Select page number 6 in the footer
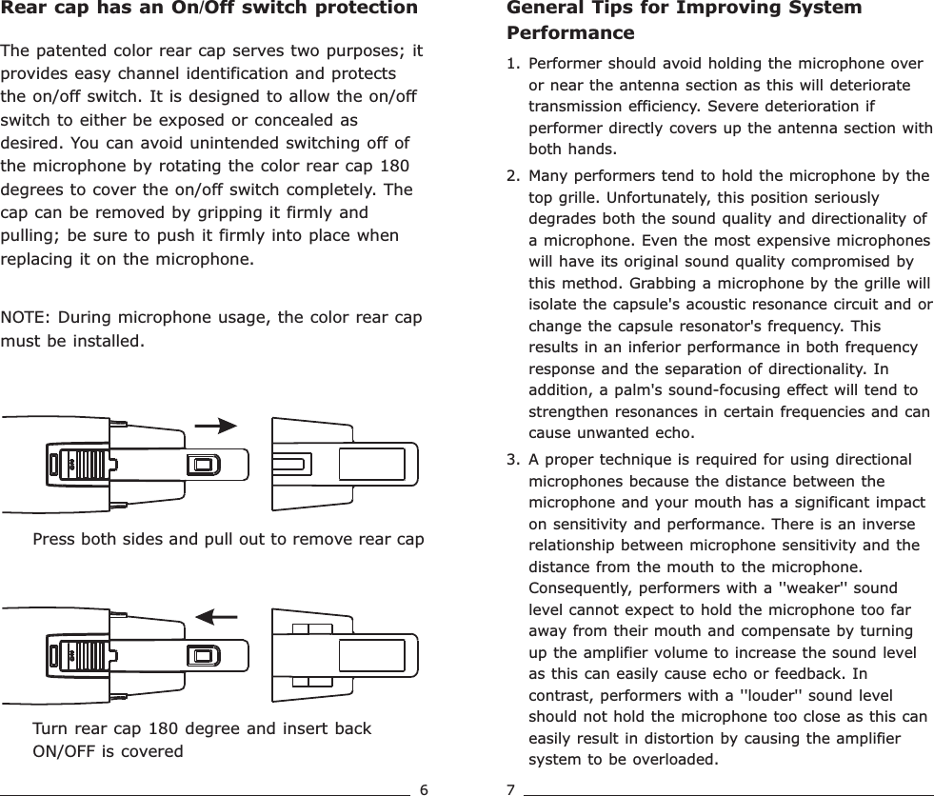point(425,788)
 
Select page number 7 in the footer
point(510,788)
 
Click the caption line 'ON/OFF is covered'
point(108,751)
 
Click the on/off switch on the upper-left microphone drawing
point(202,465)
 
